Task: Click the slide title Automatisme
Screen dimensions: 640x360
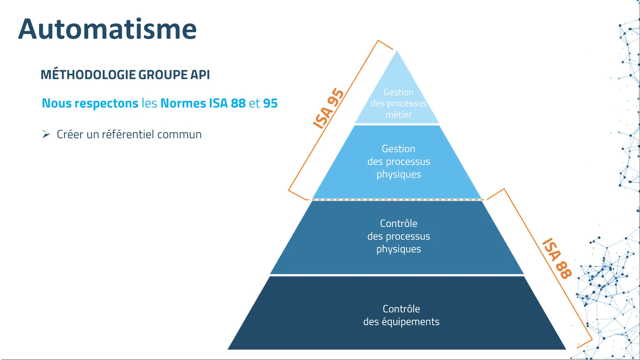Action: click(107, 29)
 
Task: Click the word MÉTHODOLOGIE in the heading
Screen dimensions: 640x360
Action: click(88, 75)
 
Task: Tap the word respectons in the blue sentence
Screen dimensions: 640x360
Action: click(106, 103)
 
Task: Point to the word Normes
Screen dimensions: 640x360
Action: click(183, 103)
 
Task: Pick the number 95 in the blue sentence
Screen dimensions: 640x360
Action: click(270, 103)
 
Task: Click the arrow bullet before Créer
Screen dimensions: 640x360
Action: click(46, 134)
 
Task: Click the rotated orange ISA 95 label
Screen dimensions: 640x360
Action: click(328, 108)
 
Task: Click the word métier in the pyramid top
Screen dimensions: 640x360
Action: click(399, 114)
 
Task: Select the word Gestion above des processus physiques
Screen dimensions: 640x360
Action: click(399, 149)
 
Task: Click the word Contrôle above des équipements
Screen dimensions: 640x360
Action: click(401, 309)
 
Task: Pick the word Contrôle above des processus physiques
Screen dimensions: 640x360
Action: click(399, 223)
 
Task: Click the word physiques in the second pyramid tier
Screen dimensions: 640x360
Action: click(399, 174)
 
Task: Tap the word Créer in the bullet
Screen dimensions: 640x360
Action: click(70, 134)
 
